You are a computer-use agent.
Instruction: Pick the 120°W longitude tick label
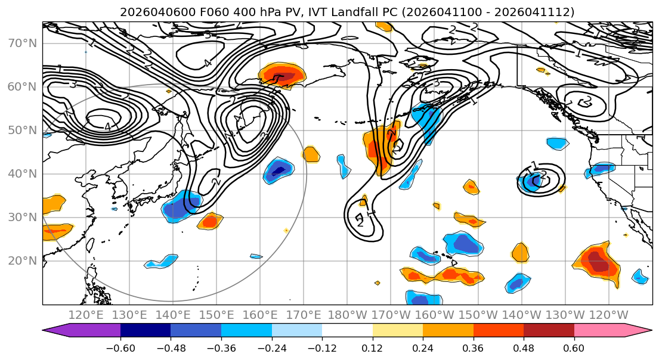(608, 315)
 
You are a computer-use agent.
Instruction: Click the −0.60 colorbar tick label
(120, 347)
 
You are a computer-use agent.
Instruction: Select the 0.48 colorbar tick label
(524, 347)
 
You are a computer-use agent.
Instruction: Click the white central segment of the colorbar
(347, 330)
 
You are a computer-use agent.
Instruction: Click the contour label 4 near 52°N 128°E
(107, 127)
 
